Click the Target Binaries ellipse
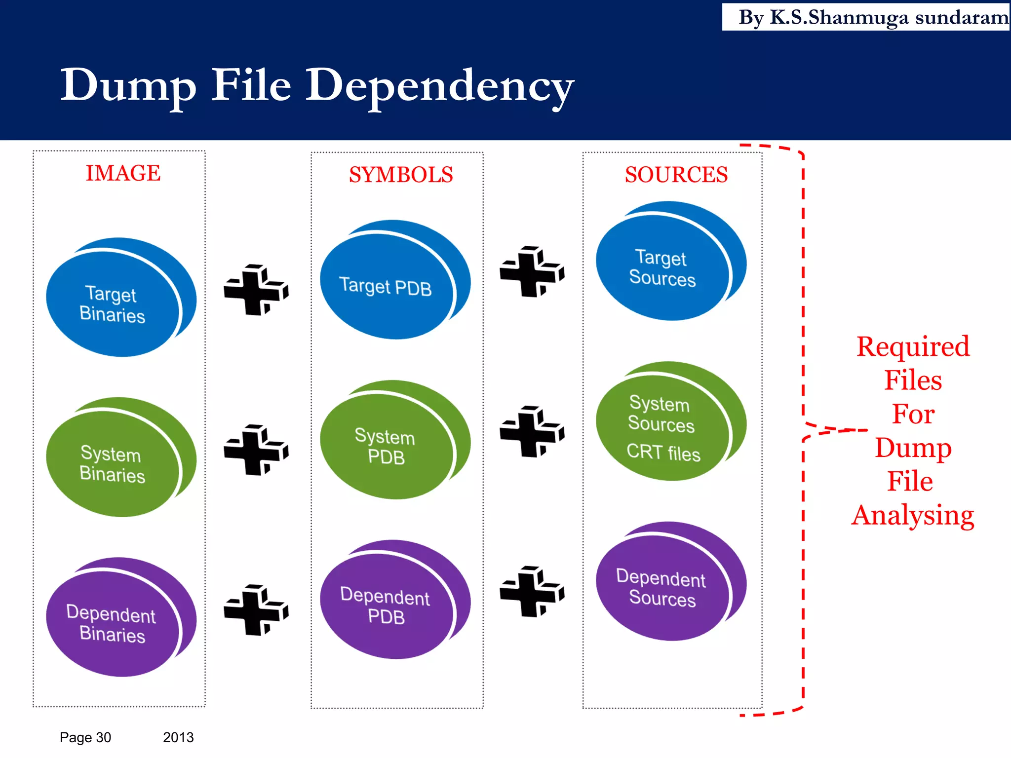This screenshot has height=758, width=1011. click(x=113, y=303)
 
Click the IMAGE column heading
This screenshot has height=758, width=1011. click(x=123, y=173)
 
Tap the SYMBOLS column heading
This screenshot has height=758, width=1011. click(x=401, y=175)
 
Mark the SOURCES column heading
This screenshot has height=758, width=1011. click(x=676, y=175)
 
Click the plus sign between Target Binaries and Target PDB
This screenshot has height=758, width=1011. click(x=256, y=290)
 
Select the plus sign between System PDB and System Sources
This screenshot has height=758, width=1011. click(x=532, y=432)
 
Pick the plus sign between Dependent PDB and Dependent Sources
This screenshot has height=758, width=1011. click(x=532, y=592)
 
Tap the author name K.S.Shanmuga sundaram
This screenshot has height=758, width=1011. click(x=889, y=17)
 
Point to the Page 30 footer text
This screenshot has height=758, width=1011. click(x=85, y=737)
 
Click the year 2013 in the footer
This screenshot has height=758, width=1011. click(x=178, y=737)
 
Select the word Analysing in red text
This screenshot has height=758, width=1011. click(x=913, y=515)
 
